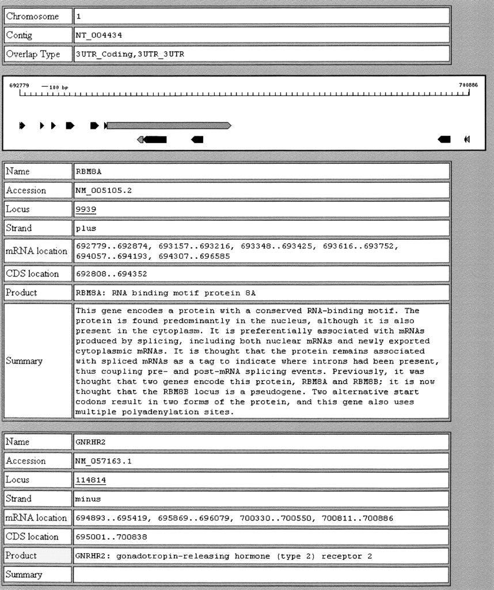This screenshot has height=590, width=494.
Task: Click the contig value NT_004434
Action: coord(99,35)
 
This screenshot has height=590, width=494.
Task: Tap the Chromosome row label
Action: coord(32,16)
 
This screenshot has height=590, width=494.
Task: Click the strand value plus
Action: coord(86,228)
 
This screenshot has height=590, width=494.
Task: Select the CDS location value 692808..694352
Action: coord(112,274)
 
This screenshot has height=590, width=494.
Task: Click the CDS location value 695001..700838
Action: coord(112,537)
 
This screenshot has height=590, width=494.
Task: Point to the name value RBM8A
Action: coord(88,171)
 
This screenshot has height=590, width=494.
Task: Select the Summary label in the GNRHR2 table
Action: coord(24,574)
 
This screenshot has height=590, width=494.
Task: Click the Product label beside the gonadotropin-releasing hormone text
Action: coord(21,555)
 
